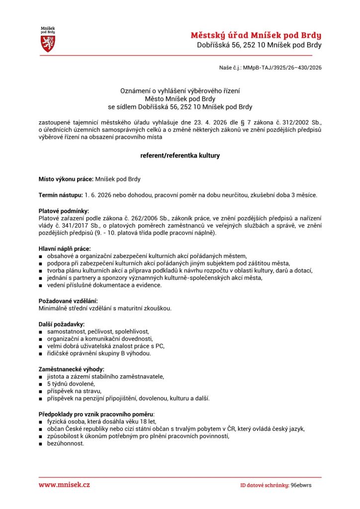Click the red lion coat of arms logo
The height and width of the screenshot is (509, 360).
pyautogui.click(x=48, y=43)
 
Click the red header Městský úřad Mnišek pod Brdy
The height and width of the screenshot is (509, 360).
pyautogui.click(x=256, y=35)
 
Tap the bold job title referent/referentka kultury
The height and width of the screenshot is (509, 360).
pyautogui.click(x=180, y=156)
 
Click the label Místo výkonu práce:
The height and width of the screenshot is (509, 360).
pyautogui.click(x=66, y=179)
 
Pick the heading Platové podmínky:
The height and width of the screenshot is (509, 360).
pyautogui.click(x=64, y=211)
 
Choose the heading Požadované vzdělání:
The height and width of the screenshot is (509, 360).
pyautogui.click(x=68, y=301)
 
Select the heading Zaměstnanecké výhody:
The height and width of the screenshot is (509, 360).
pyautogui.click(x=72, y=369)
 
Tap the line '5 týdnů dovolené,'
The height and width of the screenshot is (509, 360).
pyautogui.click(x=71, y=384)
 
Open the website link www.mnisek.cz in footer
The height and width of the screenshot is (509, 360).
pyautogui.click(x=65, y=484)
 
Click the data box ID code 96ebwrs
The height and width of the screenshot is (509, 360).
pyautogui.click(x=301, y=485)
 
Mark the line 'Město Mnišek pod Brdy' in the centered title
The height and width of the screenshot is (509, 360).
pyautogui.click(x=180, y=99)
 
